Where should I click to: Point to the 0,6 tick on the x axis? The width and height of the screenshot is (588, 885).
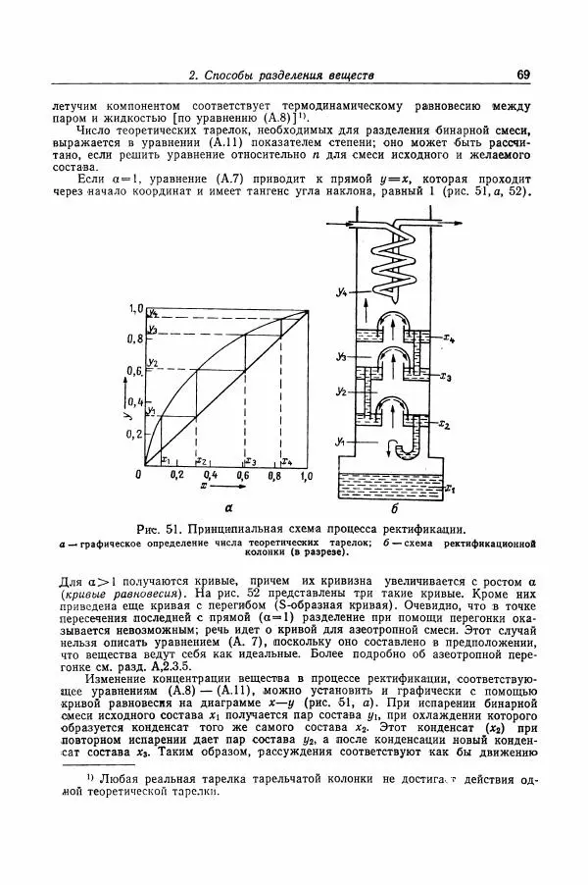click(243, 475)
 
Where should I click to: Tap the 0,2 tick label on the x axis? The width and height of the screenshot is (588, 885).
click(177, 475)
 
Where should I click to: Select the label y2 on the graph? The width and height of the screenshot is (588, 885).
click(152, 362)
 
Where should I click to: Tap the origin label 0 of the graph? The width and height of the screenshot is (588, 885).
click(139, 474)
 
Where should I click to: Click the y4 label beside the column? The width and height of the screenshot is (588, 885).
click(338, 288)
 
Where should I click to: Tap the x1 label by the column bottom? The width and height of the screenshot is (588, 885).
click(449, 486)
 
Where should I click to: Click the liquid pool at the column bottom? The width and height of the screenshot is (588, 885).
click(392, 485)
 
